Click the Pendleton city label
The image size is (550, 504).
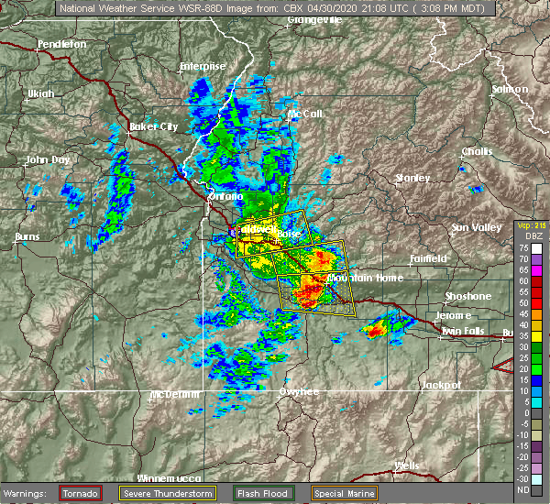pyautogui.click(x=61, y=43)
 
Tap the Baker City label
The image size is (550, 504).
pyautogui.click(x=153, y=126)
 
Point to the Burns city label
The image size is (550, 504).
pyautogui.click(x=27, y=237)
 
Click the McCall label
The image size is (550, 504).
pyautogui.click(x=304, y=114)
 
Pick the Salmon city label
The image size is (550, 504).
pyautogui.click(x=510, y=89)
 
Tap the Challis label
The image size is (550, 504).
pyautogui.click(x=477, y=151)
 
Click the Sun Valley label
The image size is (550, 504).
pyautogui.click(x=475, y=227)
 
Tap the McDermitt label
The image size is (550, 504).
pyautogui.click(x=174, y=394)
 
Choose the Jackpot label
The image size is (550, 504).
pyautogui.click(x=441, y=386)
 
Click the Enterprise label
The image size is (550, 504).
pyautogui.click(x=202, y=66)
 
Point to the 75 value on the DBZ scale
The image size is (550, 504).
pyautogui.click(x=523, y=247)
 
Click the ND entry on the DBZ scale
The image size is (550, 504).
pyautogui.click(x=523, y=489)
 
